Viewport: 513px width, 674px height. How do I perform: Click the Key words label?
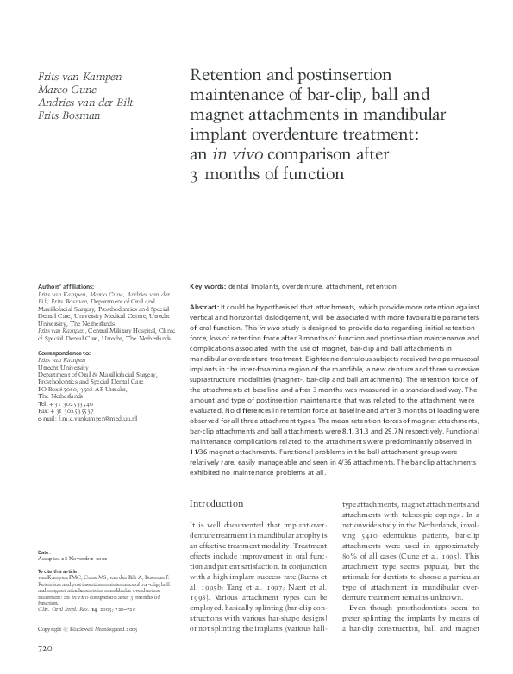[x=208, y=284]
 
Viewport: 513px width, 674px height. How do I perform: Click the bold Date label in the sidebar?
[x=45, y=550]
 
